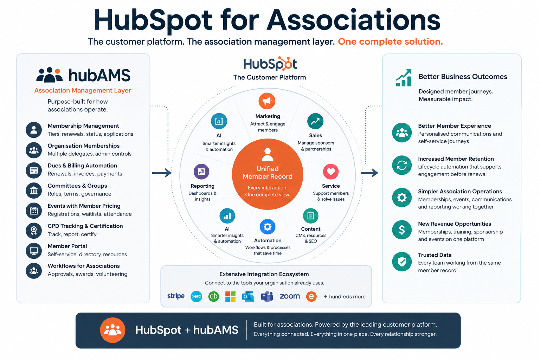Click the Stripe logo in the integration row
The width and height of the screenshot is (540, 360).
coord(176,296)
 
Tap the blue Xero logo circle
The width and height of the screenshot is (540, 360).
coord(196,296)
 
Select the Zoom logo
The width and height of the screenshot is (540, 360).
coord(290,296)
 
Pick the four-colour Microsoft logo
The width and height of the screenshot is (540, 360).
coord(230,296)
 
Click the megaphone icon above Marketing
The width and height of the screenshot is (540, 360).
coord(267,101)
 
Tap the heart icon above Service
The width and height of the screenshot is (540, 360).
coord(330,172)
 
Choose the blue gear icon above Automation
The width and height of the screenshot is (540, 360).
coord(267,227)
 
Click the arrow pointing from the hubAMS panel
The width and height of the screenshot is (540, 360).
coord(162,173)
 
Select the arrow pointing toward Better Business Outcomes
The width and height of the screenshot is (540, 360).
coord(369,173)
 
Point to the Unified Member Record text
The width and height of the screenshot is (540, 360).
coord(267,173)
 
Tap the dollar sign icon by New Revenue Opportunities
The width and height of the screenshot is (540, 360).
coord(401,230)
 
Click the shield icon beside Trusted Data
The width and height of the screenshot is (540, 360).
coord(401,262)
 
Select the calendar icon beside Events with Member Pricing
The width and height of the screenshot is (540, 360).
coord(34,211)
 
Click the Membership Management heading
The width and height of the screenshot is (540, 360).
coord(83,126)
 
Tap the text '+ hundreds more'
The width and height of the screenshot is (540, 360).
coord(344,297)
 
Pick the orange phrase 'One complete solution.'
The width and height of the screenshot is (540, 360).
coord(390,42)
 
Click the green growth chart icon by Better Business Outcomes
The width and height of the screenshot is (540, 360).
coord(404,78)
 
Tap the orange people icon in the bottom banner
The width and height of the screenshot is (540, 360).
coord(112,330)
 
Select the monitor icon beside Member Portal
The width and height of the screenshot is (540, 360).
coord(34,251)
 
